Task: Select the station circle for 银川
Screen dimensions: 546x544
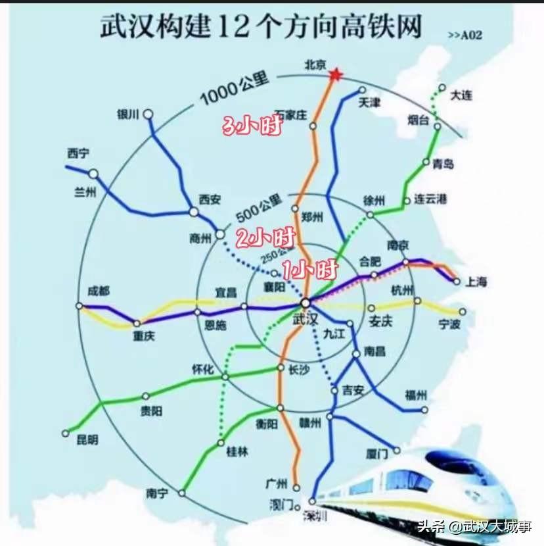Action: click(149, 114)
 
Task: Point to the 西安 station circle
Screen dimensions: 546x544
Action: click(194, 212)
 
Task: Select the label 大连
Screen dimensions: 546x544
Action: click(461, 96)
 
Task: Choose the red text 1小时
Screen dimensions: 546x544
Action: click(310, 268)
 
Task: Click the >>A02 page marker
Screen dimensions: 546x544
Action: click(465, 35)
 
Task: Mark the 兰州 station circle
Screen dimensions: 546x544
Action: click(93, 174)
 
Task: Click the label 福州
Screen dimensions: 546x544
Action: click(416, 395)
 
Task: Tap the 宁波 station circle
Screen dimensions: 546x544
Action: click(463, 312)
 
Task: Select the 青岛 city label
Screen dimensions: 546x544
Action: click(443, 164)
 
